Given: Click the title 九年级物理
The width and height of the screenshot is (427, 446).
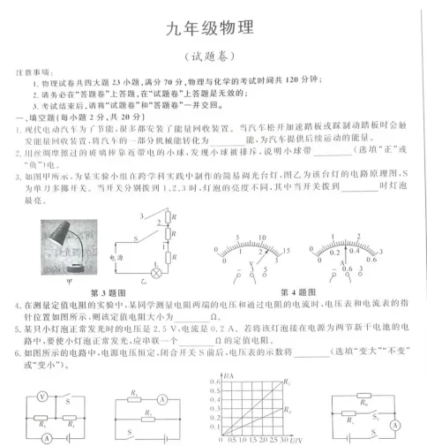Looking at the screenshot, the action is tap(213, 27).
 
